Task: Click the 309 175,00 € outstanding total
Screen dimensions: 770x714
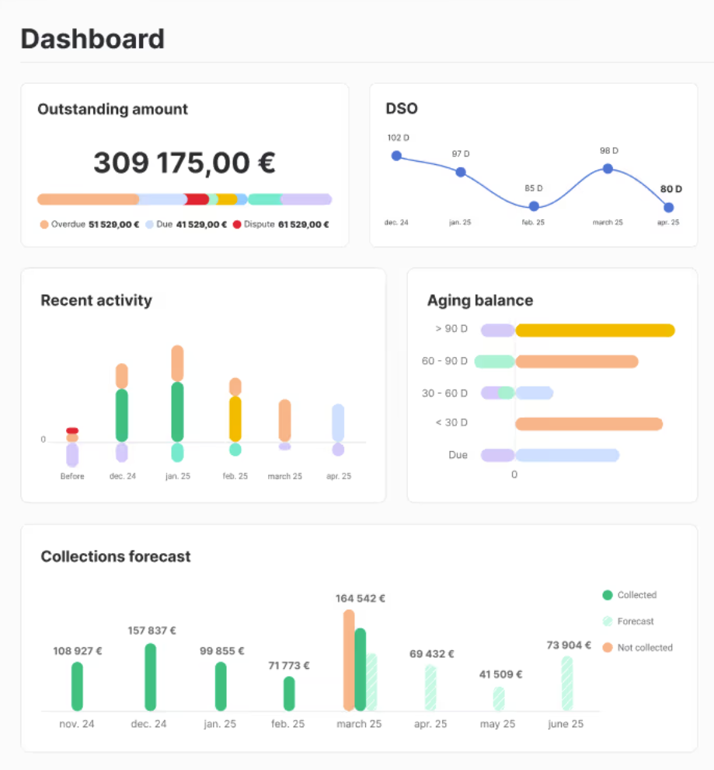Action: pos(184,163)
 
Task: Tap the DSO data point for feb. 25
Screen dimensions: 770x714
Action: pos(534,206)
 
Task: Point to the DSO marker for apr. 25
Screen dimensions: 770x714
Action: pos(668,208)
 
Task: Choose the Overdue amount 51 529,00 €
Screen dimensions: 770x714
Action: pos(113,225)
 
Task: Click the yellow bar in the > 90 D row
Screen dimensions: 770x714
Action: pos(594,330)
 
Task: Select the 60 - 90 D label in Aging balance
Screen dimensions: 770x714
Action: pos(444,361)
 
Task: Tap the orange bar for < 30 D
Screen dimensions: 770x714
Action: pos(588,424)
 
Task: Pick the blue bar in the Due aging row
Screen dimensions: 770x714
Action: pos(567,455)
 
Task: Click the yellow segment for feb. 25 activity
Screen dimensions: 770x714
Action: pos(235,419)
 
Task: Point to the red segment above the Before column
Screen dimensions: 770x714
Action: pos(72,430)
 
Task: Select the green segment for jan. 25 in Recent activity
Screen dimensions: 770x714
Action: pos(177,411)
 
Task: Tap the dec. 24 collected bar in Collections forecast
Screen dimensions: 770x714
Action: pos(151,677)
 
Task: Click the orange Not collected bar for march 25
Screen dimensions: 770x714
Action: pos(349,660)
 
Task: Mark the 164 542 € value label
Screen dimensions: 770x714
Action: pos(360,598)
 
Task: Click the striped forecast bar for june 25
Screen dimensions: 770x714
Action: pos(567,683)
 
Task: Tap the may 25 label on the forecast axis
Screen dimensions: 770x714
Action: pos(498,724)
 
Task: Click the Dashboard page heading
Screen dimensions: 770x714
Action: pos(92,39)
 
